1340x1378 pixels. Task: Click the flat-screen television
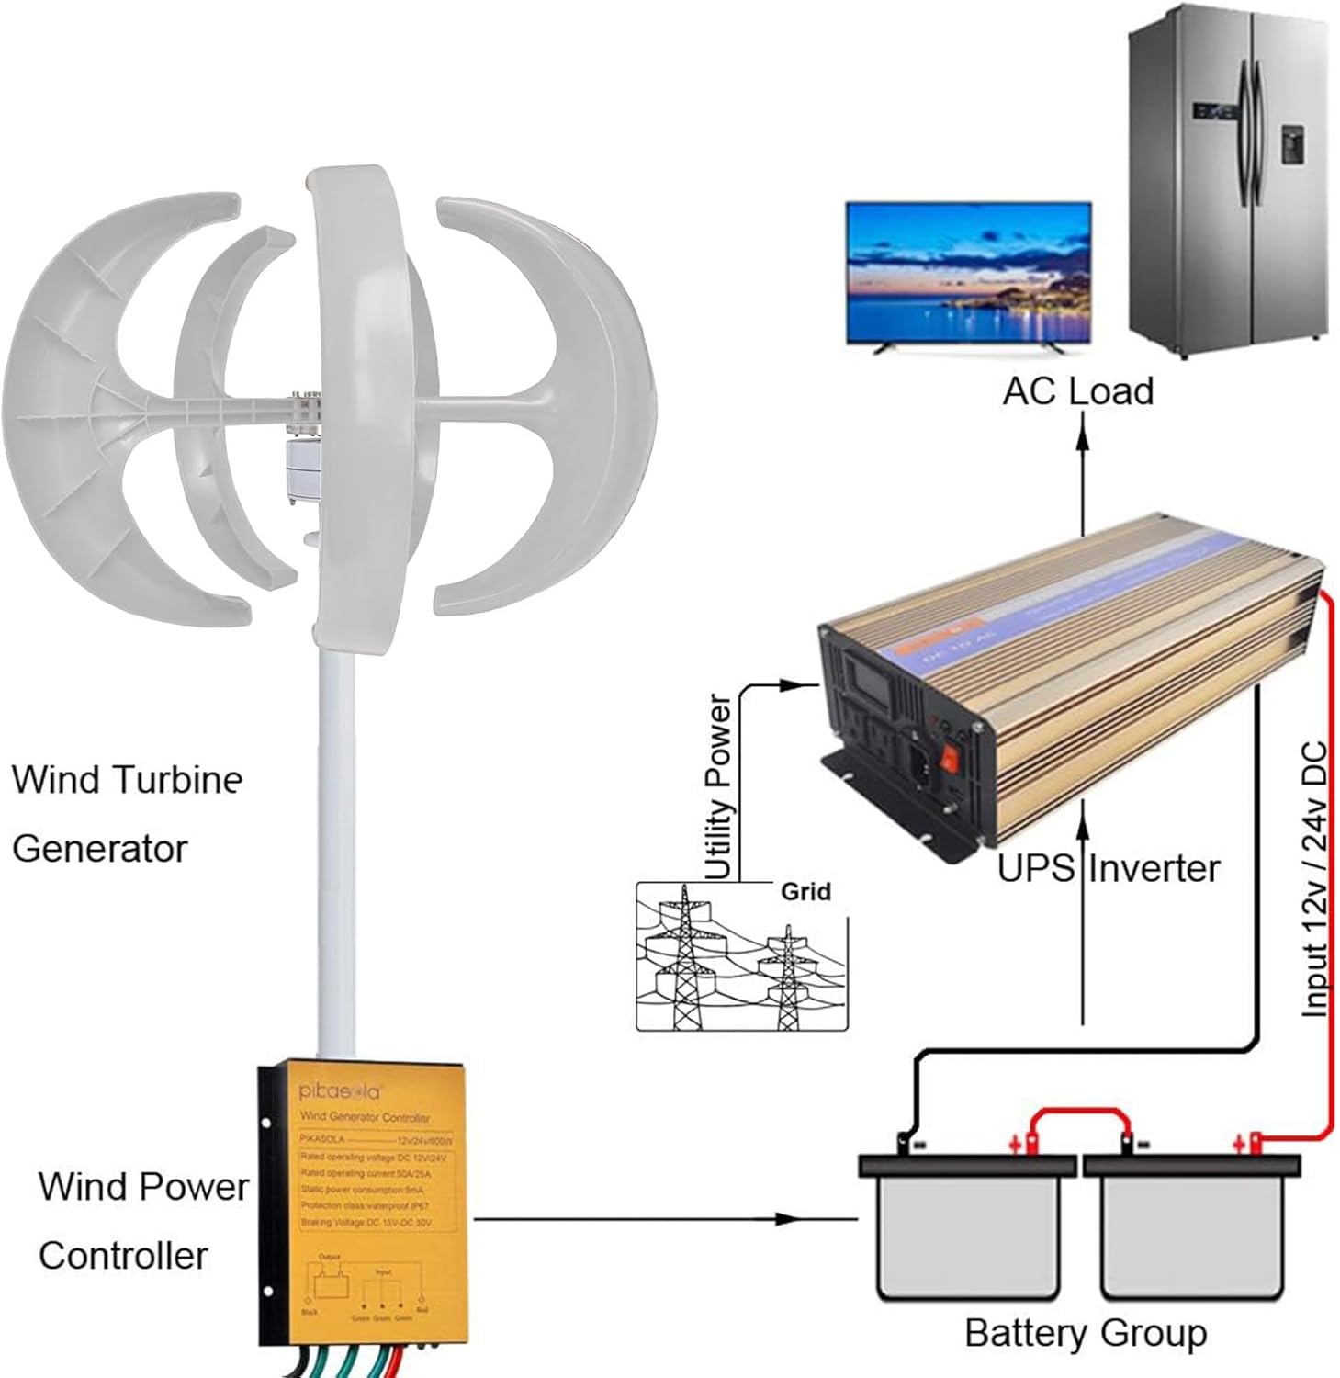click(x=968, y=274)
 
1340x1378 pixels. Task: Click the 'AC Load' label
click(x=1077, y=391)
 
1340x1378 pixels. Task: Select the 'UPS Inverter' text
click(x=1109, y=868)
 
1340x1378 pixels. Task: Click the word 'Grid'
click(x=805, y=891)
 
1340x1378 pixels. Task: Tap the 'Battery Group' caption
click(x=1085, y=1332)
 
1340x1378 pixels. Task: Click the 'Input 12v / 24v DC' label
click(x=1314, y=879)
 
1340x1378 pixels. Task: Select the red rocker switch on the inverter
click(x=952, y=760)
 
